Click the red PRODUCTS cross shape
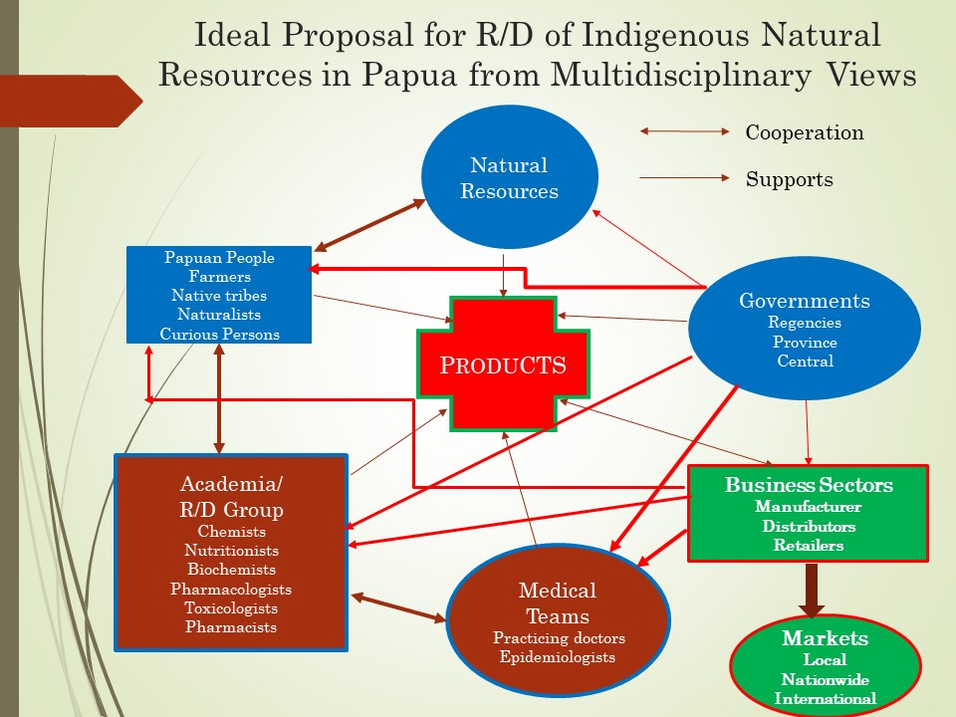pyautogui.click(x=503, y=364)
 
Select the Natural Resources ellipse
pyautogui.click(x=510, y=177)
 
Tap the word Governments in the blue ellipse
pyautogui.click(x=805, y=301)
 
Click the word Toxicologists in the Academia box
pyautogui.click(x=231, y=607)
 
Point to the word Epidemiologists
pyautogui.click(x=558, y=656)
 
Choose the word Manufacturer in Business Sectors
pyautogui.click(x=809, y=507)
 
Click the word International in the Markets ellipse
pyautogui.click(x=825, y=698)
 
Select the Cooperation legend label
pyautogui.click(x=805, y=132)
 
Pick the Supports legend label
pyautogui.click(x=789, y=179)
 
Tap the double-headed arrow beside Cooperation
pyautogui.click(x=684, y=131)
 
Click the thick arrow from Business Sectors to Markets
pyautogui.click(x=812, y=589)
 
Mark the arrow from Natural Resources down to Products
pyautogui.click(x=503, y=276)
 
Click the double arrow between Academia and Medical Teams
pyautogui.click(x=398, y=607)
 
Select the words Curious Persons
pyautogui.click(x=219, y=335)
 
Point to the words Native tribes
pyautogui.click(x=219, y=296)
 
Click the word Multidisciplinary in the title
pyautogui.click(x=681, y=75)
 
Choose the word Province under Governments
pyautogui.click(x=805, y=342)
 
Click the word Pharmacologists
pyautogui.click(x=231, y=589)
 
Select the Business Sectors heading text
pyautogui.click(x=809, y=485)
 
